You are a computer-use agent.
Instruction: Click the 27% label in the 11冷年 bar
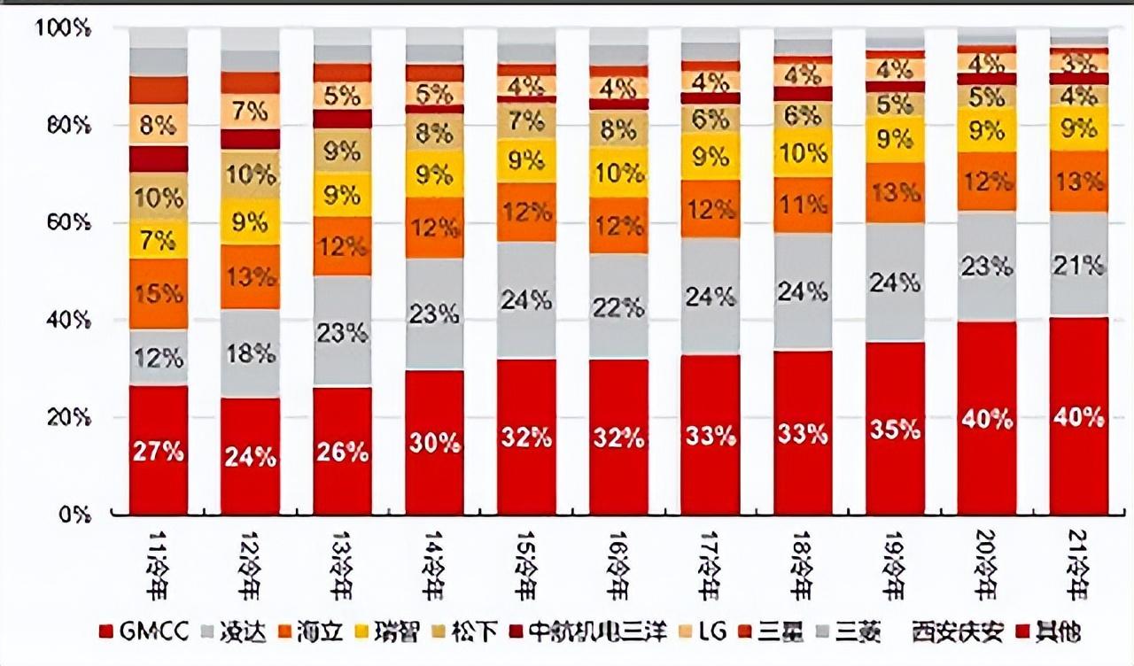(x=159, y=451)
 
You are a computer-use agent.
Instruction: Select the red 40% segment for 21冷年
(x=1079, y=417)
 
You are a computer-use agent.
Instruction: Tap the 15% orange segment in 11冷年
(x=159, y=293)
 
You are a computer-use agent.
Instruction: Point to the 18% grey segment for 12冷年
(x=251, y=354)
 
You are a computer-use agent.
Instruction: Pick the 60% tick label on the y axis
(x=64, y=222)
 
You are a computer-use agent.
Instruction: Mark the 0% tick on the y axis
(x=71, y=514)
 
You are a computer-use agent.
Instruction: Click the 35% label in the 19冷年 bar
(x=895, y=430)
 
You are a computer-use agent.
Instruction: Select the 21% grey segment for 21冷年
(x=1079, y=264)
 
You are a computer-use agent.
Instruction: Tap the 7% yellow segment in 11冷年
(x=159, y=240)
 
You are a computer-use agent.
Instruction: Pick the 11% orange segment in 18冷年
(x=803, y=205)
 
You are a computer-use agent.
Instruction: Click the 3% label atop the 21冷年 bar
(x=1079, y=63)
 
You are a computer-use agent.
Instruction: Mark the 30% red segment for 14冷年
(x=435, y=443)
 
